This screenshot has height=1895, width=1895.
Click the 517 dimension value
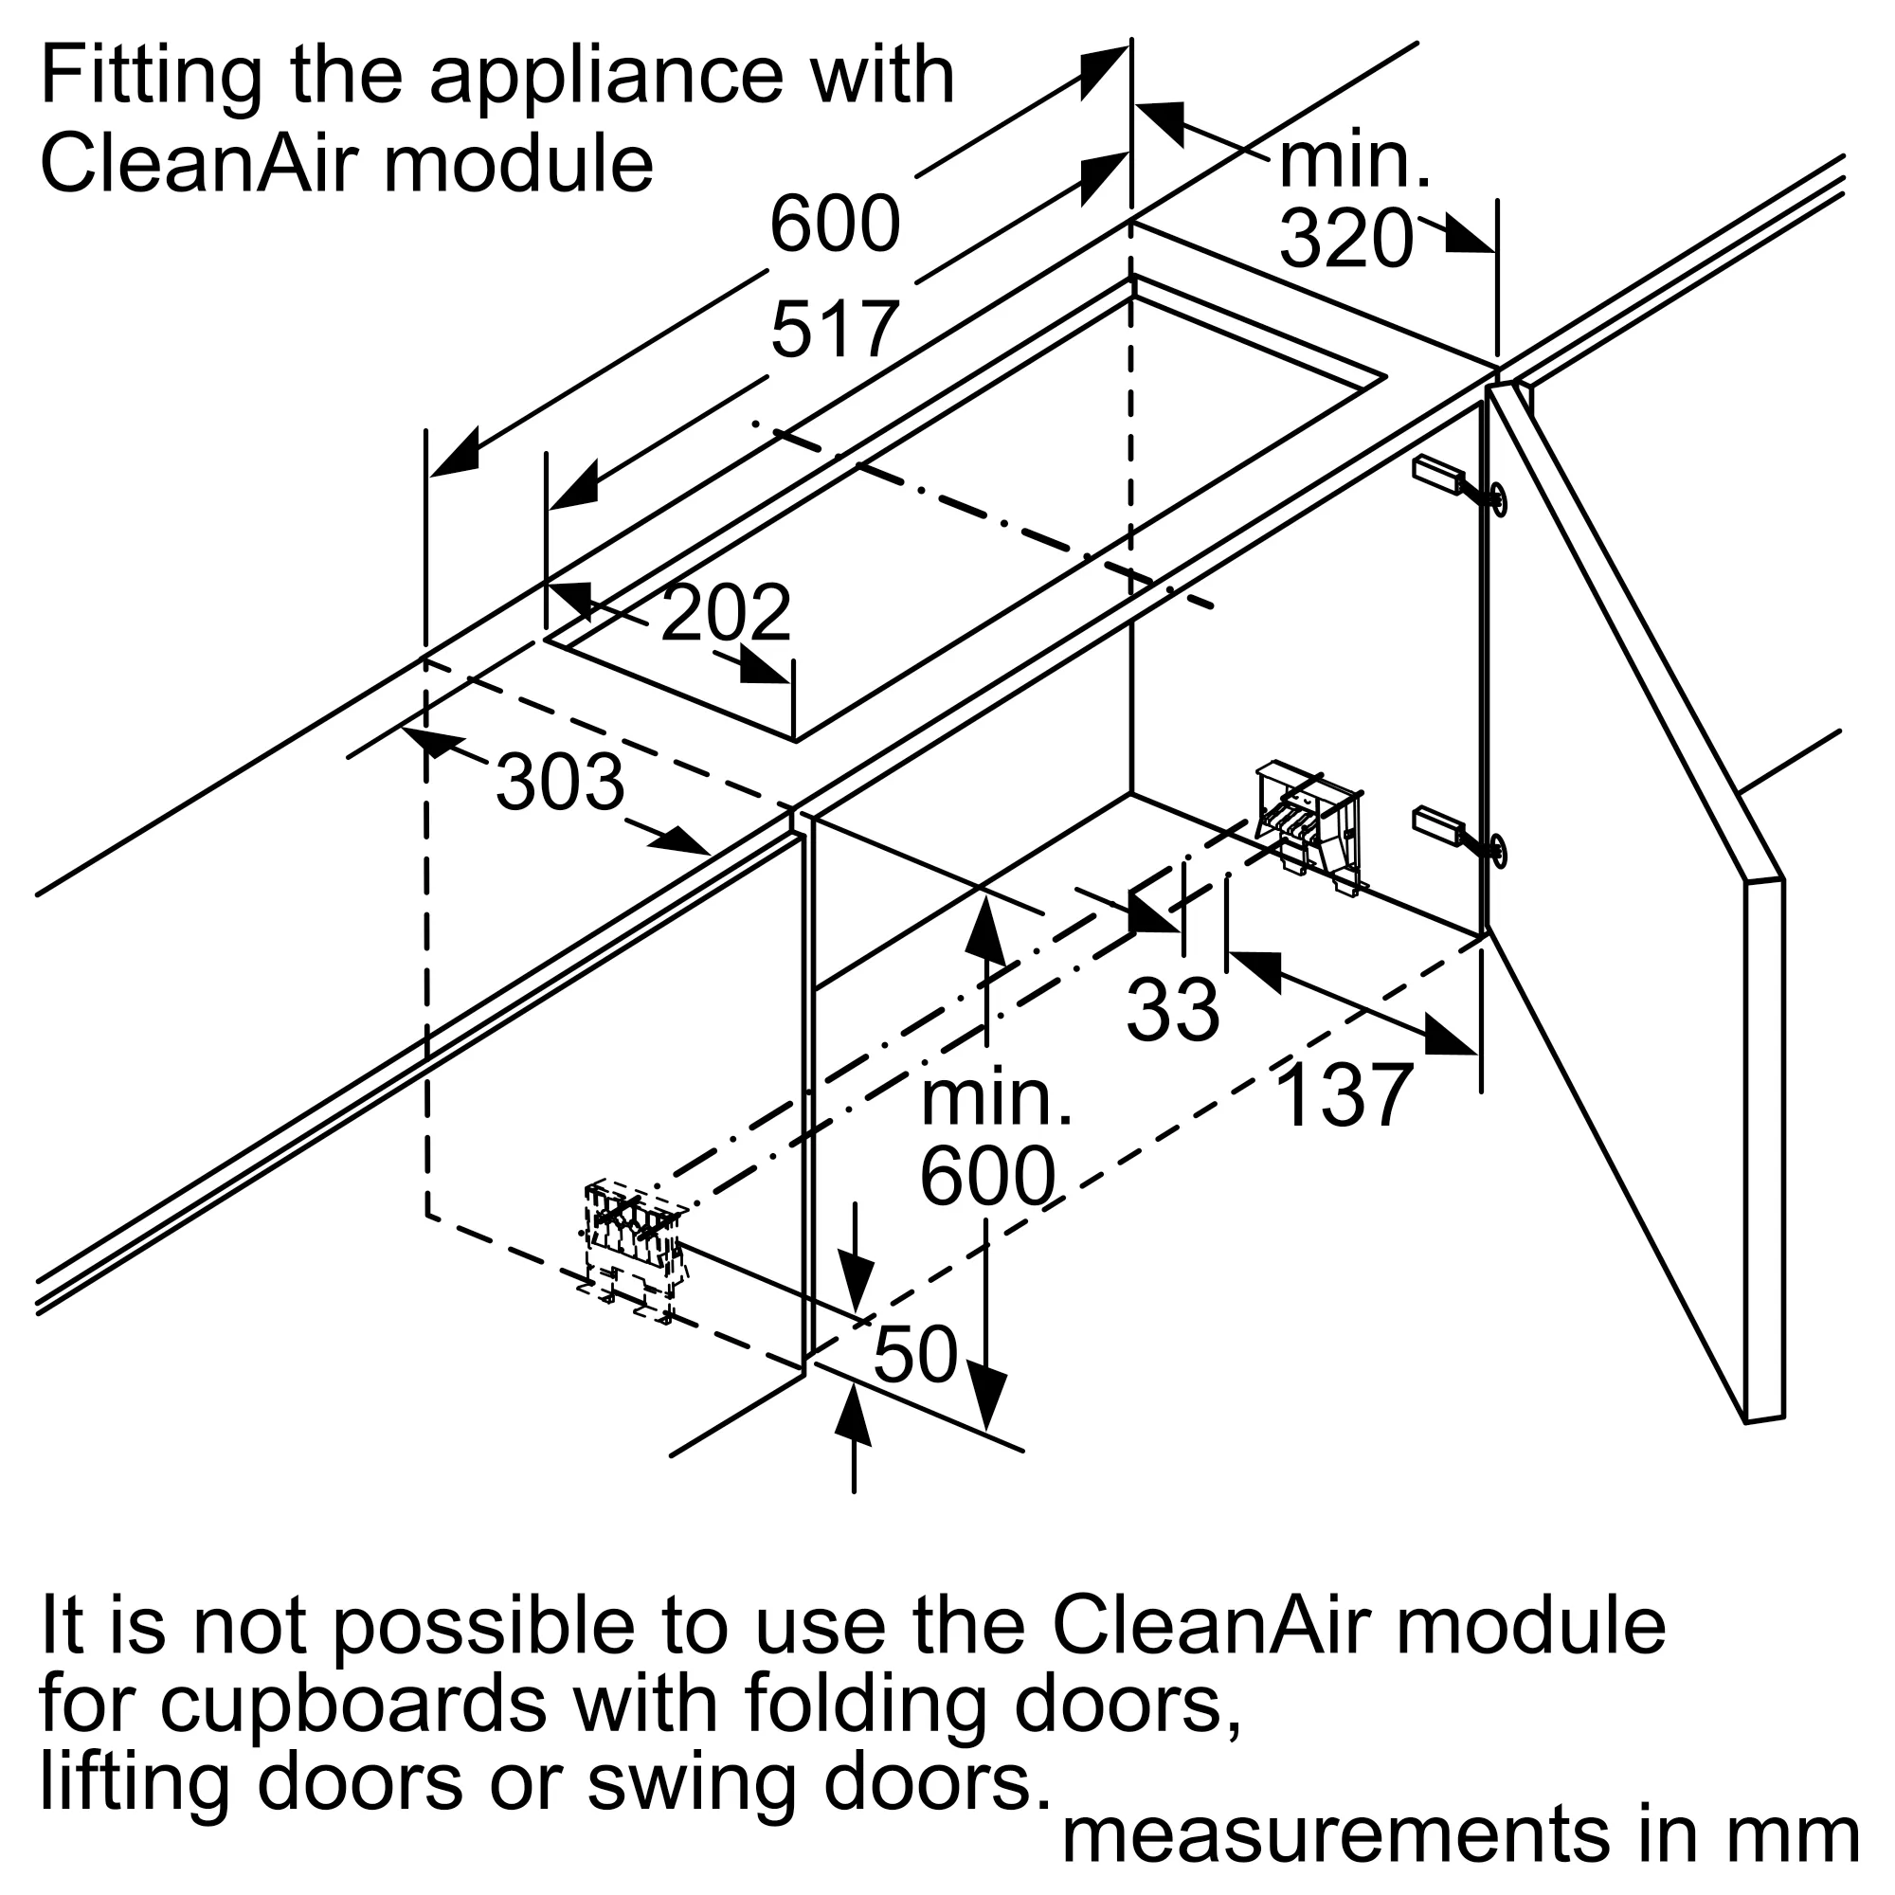tap(835, 331)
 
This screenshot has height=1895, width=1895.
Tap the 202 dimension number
tap(726, 614)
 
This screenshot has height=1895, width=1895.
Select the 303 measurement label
tap(559, 783)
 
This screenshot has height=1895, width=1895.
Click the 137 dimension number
tap(1345, 1096)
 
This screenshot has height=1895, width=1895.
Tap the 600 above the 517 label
tap(835, 224)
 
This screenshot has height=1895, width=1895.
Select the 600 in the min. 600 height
tap(986, 1177)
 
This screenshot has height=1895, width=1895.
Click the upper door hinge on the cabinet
tap(1459, 485)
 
